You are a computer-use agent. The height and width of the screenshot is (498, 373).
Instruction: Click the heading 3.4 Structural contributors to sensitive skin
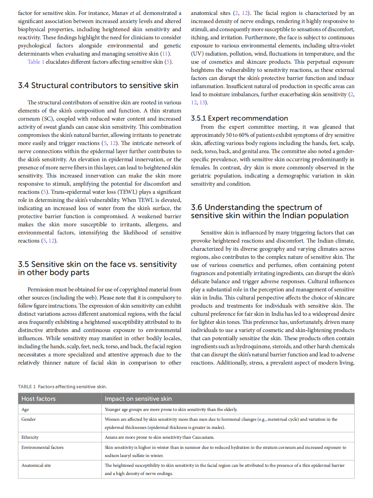tap(98, 85)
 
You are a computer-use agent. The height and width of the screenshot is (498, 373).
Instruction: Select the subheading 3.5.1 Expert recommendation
tap(239, 118)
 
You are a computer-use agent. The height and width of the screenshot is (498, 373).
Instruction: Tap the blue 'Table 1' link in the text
tap(36, 62)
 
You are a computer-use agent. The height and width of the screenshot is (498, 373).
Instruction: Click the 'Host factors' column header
tap(39, 399)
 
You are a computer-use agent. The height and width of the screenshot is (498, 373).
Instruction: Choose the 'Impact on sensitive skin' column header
tap(138, 399)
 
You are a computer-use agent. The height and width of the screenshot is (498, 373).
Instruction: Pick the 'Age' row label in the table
tap(25, 410)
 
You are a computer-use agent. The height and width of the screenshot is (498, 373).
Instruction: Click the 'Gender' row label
tap(28, 419)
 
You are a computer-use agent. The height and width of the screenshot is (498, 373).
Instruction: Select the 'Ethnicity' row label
tap(30, 437)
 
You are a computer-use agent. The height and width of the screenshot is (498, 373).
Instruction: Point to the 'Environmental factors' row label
tap(42, 448)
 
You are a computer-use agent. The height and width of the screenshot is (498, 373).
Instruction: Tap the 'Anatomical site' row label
tap(36, 465)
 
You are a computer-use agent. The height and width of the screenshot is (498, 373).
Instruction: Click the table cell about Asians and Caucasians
tap(159, 437)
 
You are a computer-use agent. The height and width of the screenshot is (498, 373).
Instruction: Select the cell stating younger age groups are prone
tap(171, 410)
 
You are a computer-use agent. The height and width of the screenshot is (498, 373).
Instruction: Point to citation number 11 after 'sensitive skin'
tap(165, 54)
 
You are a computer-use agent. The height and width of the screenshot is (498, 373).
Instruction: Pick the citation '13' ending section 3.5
tap(202, 102)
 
